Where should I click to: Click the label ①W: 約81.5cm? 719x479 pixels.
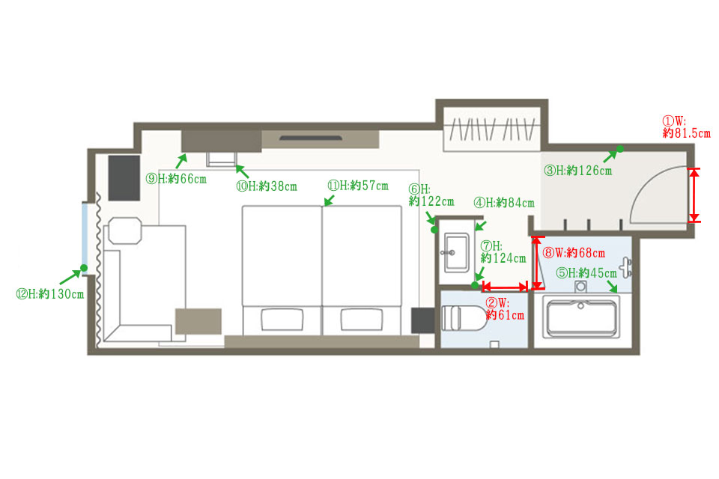tap(686, 127)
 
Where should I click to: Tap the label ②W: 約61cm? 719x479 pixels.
tap(505, 309)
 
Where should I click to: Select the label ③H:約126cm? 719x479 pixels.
tap(577, 171)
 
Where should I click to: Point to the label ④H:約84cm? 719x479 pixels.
tap(504, 203)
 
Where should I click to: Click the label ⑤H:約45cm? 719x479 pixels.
tap(586, 273)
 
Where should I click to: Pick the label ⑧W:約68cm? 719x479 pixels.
tap(574, 252)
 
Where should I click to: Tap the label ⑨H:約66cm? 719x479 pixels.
tap(176, 179)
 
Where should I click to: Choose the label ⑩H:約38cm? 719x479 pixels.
tap(267, 186)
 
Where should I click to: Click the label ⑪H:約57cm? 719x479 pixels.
tap(358, 186)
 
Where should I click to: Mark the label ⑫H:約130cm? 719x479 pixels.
tap(50, 294)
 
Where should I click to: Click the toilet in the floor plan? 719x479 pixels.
tap(464, 317)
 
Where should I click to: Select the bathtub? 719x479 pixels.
tap(581, 317)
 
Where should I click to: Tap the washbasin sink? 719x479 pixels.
tap(455, 252)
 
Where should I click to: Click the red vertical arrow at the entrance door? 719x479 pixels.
tap(695, 195)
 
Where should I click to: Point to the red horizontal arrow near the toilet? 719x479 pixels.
tap(505, 287)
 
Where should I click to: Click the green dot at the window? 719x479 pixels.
tap(84, 268)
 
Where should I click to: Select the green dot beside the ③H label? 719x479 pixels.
tap(619, 149)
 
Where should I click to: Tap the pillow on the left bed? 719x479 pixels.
tap(282, 319)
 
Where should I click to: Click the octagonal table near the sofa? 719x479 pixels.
tap(125, 231)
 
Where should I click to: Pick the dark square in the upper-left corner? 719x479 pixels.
tap(124, 178)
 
